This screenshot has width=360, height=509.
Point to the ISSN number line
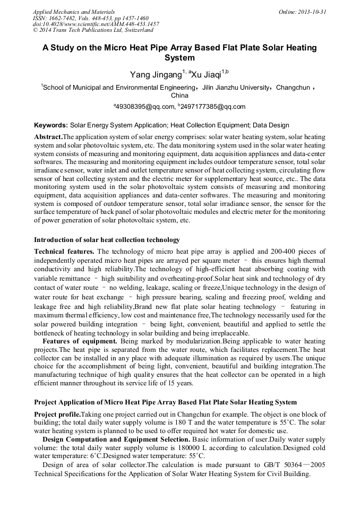pyautogui.click(x=90, y=18)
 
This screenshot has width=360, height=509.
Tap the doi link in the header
pyautogui.click(x=96, y=24)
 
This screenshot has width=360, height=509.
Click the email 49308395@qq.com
pyautogui.click(x=145, y=107)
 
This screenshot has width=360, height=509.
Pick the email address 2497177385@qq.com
pyautogui.click(x=213, y=107)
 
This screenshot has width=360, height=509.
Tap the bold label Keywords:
pyautogui.click(x=51, y=125)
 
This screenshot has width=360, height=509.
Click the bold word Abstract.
pyautogui.click(x=48, y=137)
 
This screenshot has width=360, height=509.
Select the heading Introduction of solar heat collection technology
pyautogui.click(x=107, y=239)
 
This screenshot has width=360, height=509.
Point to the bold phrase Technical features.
pyautogui.click(x=64, y=251)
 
